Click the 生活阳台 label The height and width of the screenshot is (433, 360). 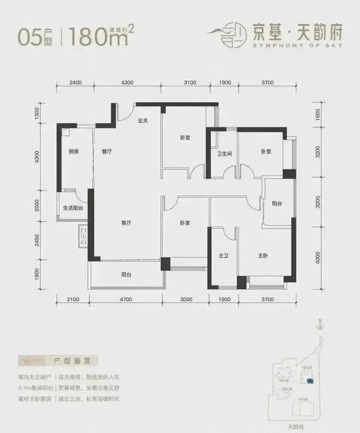(73, 207)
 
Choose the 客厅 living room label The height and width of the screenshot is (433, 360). (127, 223)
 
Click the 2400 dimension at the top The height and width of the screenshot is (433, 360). (75, 82)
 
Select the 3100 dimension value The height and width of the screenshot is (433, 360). (189, 82)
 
